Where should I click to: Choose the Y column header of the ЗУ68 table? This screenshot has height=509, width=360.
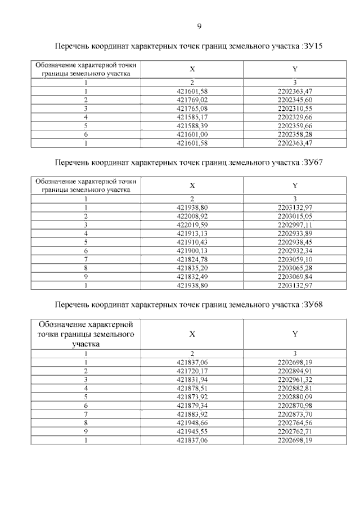295,334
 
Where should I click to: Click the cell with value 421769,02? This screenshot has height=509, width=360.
192,100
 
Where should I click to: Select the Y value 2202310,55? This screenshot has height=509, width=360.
295,108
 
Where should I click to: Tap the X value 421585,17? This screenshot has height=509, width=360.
192,117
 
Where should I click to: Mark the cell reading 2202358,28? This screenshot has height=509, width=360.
295,134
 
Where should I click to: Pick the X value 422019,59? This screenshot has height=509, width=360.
192,224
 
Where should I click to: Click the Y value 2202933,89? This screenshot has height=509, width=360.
295,233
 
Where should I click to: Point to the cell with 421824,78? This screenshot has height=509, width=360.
192,259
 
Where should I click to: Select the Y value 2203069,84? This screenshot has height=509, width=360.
295,277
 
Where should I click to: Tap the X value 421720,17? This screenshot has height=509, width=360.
192,371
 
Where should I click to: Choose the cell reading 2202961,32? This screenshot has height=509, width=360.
295,380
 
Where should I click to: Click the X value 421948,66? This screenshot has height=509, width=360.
192,422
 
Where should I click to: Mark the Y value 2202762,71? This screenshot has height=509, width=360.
295,431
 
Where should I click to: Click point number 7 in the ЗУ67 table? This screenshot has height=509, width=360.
86,259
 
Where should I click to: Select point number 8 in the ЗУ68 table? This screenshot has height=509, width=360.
86,422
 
